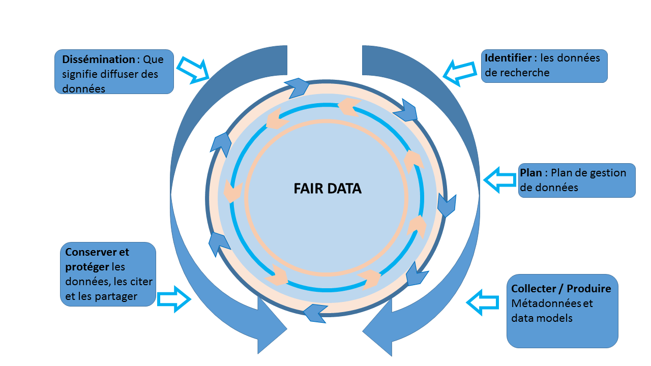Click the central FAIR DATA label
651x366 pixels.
(x=327, y=189)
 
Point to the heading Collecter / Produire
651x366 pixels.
(x=561, y=289)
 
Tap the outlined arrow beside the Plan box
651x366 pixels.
(x=499, y=179)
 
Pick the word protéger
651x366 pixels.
(x=87, y=267)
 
